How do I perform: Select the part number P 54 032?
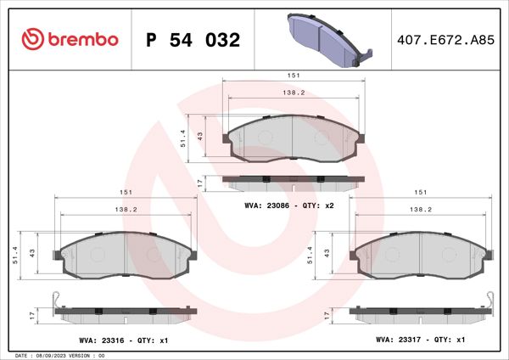coord(193,40)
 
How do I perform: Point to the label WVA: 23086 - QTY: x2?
coord(290,205)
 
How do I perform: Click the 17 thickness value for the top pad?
coord(199,183)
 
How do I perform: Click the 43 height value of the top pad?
coord(199,136)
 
